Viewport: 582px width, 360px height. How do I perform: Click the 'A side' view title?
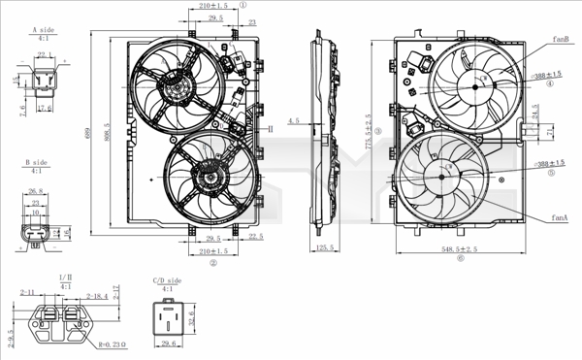click(42, 31)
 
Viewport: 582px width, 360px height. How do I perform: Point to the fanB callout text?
click(560, 39)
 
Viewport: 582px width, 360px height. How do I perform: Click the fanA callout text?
click(560, 219)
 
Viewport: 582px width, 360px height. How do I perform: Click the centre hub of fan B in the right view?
click(475, 85)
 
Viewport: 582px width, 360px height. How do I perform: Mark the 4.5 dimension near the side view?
click(295, 121)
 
